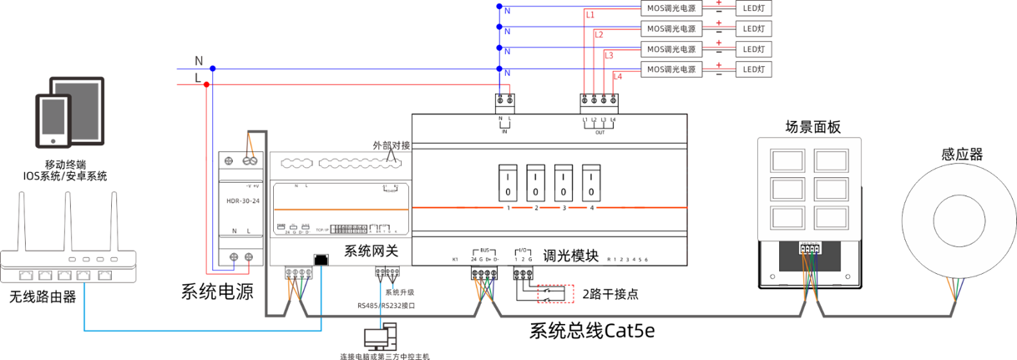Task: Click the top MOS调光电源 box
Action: [671, 8]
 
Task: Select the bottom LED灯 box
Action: [753, 69]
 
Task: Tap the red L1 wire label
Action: [590, 15]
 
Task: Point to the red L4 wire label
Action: [618, 76]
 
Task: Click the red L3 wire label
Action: [609, 55]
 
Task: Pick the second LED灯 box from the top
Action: [753, 28]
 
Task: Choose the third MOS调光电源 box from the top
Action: [671, 49]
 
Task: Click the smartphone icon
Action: [53, 121]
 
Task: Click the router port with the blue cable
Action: [84, 275]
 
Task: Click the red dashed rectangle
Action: [555, 293]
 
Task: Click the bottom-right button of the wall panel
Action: [831, 217]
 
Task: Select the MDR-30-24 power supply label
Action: [242, 200]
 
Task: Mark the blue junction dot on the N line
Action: [213, 68]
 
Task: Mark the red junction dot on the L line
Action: [208, 84]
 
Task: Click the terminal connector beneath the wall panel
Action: [809, 248]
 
